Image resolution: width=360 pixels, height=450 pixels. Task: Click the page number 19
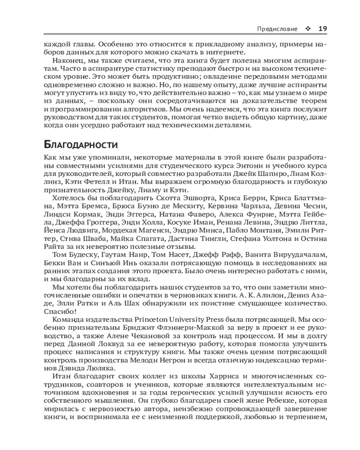pyautogui.click(x=322, y=29)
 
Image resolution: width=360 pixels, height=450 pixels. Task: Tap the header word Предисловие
pyautogui.click(x=277, y=29)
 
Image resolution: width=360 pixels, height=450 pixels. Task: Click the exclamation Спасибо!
pyautogui.click(x=61, y=311)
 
